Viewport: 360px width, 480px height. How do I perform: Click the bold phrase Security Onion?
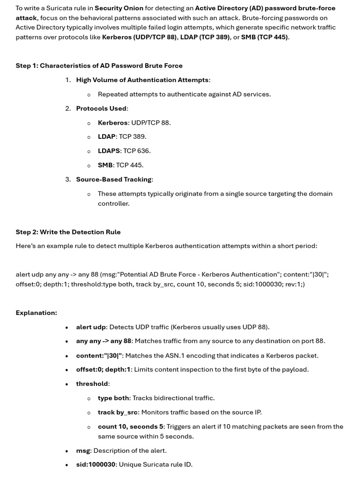[119, 8]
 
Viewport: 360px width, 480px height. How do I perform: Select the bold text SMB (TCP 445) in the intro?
[264, 37]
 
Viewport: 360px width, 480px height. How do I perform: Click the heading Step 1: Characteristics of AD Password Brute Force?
[99, 66]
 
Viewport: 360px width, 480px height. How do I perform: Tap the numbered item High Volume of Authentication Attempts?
[142, 80]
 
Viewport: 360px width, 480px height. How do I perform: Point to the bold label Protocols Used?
[101, 108]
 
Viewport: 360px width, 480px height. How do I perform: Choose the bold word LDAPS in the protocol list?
[109, 151]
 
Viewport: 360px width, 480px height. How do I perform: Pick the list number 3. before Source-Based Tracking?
[68, 180]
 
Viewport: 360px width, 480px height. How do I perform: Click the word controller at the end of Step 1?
[113, 203]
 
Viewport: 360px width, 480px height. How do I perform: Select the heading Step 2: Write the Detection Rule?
[68, 232]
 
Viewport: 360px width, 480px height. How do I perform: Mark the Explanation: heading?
[36, 313]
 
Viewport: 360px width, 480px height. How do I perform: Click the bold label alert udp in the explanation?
[91, 327]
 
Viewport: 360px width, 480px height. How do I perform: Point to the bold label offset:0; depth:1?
[103, 369]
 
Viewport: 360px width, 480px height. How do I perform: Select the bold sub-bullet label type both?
[113, 398]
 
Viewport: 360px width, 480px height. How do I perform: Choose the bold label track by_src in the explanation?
[118, 412]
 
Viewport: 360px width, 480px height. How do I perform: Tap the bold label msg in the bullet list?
[83, 450]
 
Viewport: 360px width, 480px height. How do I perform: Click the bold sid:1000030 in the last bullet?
[96, 465]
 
